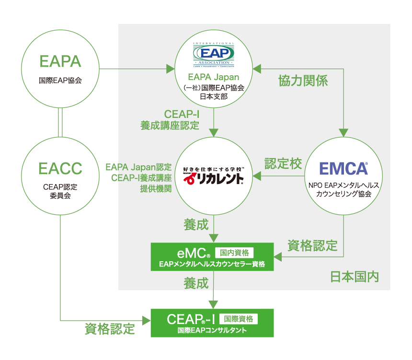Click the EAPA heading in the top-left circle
pos(60,62)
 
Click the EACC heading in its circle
pos(60,169)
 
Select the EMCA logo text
pos(343,169)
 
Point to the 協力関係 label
pos(303,81)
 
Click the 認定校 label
pos(283,163)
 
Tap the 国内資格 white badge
pos(234,253)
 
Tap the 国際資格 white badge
pos(238,318)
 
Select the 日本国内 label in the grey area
pos(355,277)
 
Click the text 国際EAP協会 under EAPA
pos(60,80)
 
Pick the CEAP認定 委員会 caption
pos(60,191)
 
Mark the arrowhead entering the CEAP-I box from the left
pos(148,319)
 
